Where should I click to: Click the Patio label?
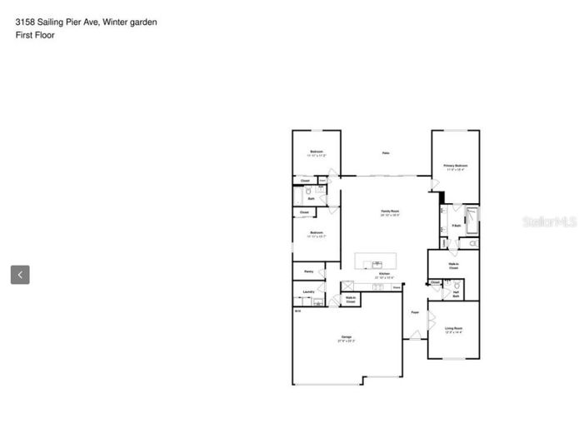pos(386,152)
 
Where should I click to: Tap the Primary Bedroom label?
pos(456,167)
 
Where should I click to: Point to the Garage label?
pos(347,338)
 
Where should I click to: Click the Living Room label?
pos(453,330)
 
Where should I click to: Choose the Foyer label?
pos(415,312)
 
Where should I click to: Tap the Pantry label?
pos(308,271)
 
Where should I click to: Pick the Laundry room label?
pos(308,292)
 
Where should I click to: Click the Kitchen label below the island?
pos(385,275)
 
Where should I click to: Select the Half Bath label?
pos(457,293)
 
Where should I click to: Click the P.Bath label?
pos(457,226)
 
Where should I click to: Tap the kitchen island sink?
pos(367,262)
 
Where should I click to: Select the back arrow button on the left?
pos(20,274)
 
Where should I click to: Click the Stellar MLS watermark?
pos(549,221)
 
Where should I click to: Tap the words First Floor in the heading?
pos(35,35)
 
